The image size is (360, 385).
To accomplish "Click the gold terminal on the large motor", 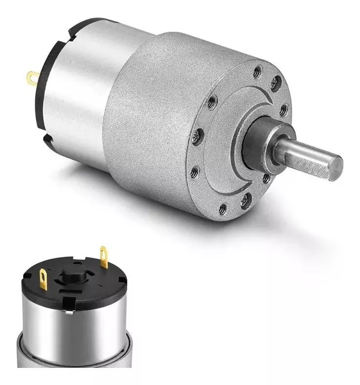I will (x=32, y=76).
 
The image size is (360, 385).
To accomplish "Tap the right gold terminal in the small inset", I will (x=103, y=255).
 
